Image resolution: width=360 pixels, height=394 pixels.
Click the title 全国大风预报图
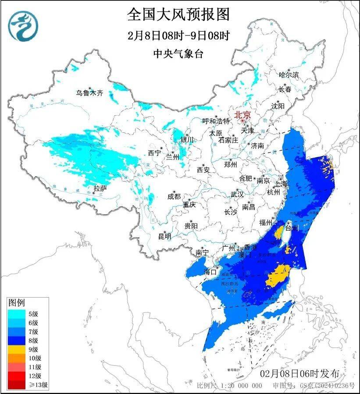point(178,14)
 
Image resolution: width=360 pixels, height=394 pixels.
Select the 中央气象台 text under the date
point(178,54)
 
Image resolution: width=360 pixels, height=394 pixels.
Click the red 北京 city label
point(242,115)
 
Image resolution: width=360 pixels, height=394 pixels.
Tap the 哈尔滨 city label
point(289,75)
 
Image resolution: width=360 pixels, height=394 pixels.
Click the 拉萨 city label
point(100,188)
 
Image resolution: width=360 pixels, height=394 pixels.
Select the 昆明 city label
point(165,236)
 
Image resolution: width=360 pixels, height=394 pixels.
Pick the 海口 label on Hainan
point(210,272)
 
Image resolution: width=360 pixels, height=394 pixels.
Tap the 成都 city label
point(174,196)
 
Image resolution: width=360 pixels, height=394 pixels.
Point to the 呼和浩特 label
point(216,121)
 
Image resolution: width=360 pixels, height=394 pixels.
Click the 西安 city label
point(203,169)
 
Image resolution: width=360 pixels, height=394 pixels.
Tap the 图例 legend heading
point(17,303)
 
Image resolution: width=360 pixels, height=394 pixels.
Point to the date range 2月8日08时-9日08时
point(178,35)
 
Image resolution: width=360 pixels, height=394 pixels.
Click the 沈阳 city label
point(278,106)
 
